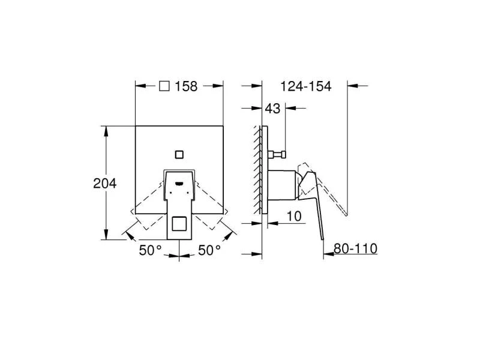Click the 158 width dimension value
pos(186,86)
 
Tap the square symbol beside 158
pos(165,86)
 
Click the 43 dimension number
pos(273,109)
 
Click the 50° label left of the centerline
pos(151,251)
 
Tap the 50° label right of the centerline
pos(209,251)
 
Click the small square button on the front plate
pos(179,154)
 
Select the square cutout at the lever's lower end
pos(179,226)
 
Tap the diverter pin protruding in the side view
pos(277,155)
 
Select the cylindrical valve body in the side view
pos(282,185)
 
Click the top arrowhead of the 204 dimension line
pos(107,129)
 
